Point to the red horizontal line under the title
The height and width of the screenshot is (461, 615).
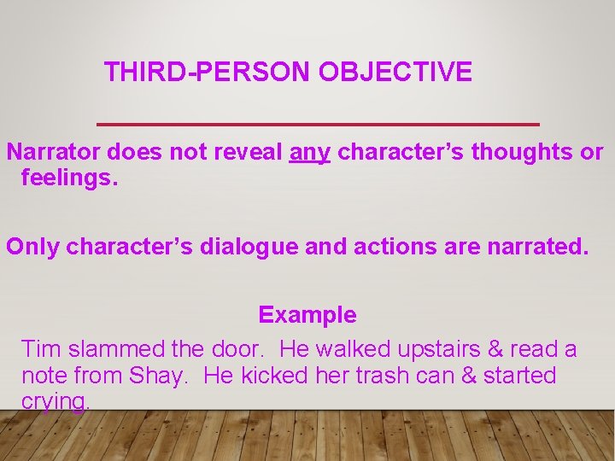click(319, 125)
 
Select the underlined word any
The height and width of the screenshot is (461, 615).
click(310, 153)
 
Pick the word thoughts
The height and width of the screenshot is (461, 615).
click(522, 153)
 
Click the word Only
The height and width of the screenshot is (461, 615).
click(32, 247)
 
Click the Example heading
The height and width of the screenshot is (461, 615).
click(307, 315)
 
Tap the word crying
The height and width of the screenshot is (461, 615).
click(55, 402)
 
